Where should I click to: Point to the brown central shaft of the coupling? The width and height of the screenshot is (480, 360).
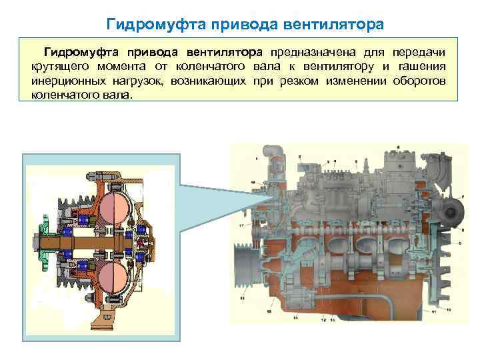tap(100, 242)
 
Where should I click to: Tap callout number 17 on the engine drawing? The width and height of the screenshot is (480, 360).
tap(241, 227)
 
